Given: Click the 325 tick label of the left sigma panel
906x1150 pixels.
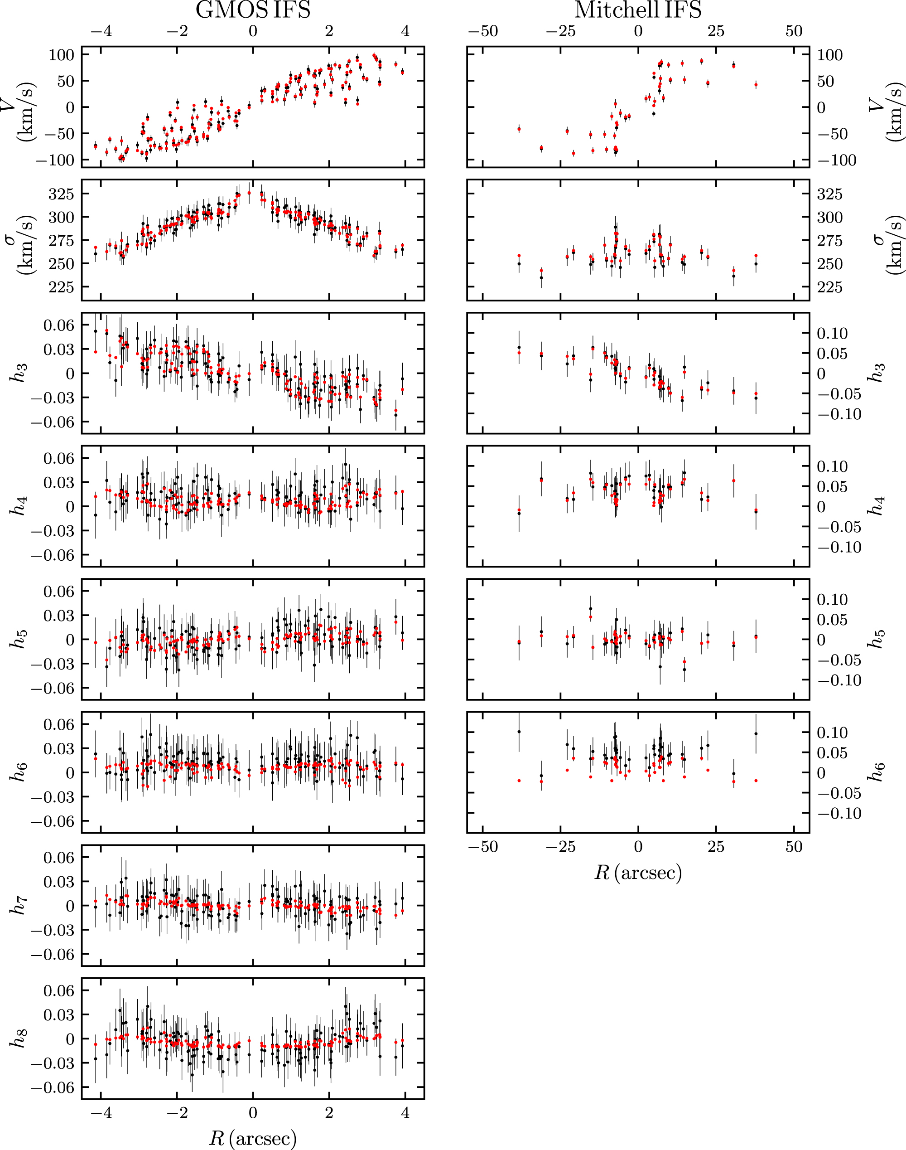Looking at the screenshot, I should [61, 194].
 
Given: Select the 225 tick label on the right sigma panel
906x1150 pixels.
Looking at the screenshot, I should [829, 287].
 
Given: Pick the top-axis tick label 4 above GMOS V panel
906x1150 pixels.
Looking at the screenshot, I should [405, 31].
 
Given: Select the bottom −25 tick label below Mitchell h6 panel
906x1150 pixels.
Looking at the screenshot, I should [560, 846].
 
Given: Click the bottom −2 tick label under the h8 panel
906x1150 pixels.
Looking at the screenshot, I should [177, 1112].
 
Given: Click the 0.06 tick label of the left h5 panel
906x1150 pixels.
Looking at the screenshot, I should [59, 591].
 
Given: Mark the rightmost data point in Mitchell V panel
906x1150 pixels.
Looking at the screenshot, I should [756, 84].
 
